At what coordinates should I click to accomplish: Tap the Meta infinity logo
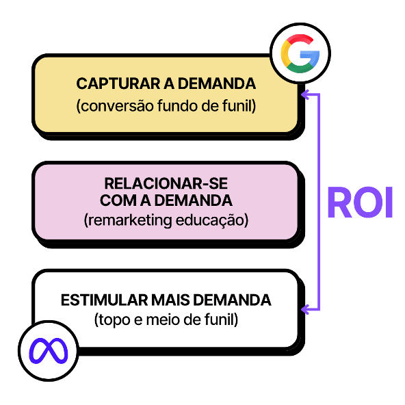[49, 350]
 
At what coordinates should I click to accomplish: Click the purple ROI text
[359, 201]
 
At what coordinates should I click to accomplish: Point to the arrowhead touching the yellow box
[306, 94]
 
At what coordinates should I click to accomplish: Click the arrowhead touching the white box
[306, 310]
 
